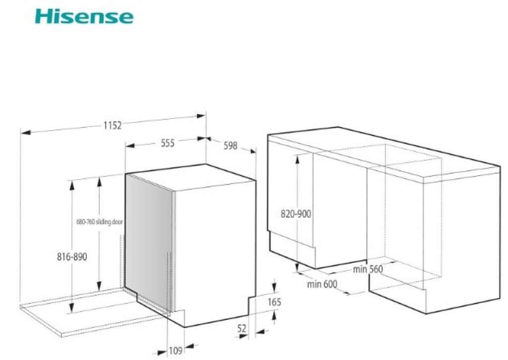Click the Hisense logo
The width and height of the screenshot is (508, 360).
[84, 16]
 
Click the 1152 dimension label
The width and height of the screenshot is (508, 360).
[113, 125]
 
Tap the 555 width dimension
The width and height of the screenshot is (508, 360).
[168, 143]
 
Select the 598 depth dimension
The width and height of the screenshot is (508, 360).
[230, 146]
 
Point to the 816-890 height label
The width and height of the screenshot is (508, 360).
[72, 258]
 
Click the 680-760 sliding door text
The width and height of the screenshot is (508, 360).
[99, 222]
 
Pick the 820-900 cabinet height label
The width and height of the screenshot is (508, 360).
[296, 214]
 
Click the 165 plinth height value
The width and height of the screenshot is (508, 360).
[274, 301]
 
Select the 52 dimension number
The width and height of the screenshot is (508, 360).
[242, 328]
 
